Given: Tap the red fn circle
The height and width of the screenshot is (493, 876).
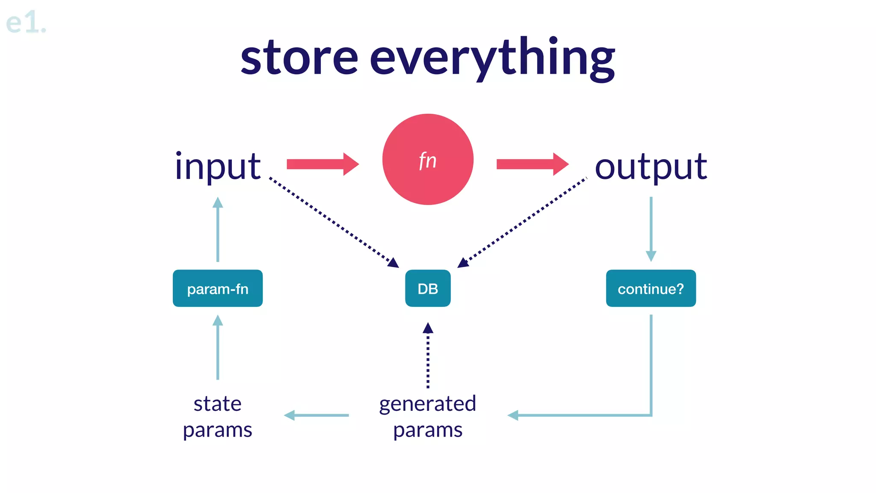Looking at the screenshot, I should click(x=428, y=159).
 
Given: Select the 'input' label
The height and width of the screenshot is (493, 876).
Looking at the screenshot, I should click(x=218, y=166).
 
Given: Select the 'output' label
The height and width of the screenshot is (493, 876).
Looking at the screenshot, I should click(x=651, y=166).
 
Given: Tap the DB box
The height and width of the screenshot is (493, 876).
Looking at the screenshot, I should click(x=428, y=288).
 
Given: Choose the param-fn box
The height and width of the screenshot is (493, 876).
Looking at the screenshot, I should click(x=218, y=288).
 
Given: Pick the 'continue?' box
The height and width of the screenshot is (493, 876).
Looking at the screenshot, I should click(x=651, y=288).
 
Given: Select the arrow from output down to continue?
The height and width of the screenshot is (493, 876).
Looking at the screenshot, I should click(x=651, y=229).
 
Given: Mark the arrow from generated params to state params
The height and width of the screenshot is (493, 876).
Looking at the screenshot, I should click(x=317, y=415).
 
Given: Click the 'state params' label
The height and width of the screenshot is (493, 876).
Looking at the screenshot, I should click(x=218, y=416).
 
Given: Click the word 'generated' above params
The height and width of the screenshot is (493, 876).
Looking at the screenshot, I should click(x=428, y=404).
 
